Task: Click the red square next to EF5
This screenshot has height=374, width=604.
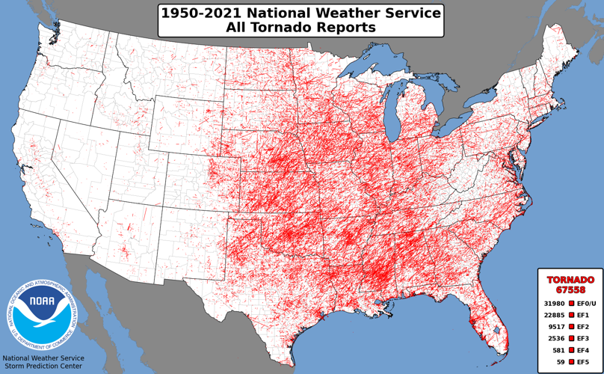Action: click(x=571, y=362)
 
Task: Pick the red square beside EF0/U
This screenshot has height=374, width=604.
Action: click(x=571, y=303)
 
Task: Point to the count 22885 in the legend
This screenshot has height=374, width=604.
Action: click(x=554, y=315)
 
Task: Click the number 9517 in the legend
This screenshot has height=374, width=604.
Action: click(x=557, y=327)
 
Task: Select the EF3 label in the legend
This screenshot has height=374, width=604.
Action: click(x=583, y=339)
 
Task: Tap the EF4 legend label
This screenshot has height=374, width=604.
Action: click(x=583, y=351)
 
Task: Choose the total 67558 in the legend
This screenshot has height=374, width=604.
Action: click(x=570, y=290)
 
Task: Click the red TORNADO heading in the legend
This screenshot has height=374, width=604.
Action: click(x=570, y=280)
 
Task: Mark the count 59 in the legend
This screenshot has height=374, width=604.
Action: click(x=561, y=362)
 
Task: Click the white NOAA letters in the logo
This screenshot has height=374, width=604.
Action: click(x=41, y=305)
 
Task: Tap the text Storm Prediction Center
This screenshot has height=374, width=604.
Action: click(x=42, y=368)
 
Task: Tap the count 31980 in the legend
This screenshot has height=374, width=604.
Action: click(x=554, y=303)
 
